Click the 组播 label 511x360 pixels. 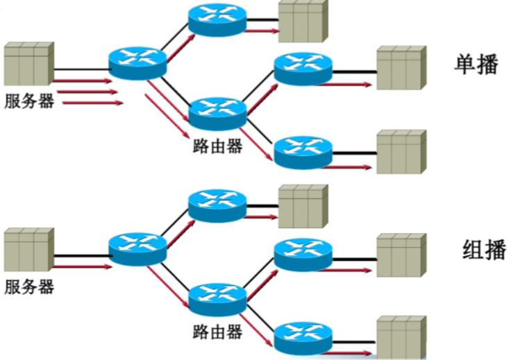(484, 250)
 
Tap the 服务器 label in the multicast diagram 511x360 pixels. (29, 286)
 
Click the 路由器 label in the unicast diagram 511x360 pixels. (217, 146)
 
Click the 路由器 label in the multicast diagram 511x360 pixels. (217, 332)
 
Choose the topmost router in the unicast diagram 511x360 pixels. (217, 19)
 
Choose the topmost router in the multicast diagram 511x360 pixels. (217, 205)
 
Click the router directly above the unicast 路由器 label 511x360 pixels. (217, 111)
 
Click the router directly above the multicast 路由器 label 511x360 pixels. (217, 297)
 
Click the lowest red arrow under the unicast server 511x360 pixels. (92, 103)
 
